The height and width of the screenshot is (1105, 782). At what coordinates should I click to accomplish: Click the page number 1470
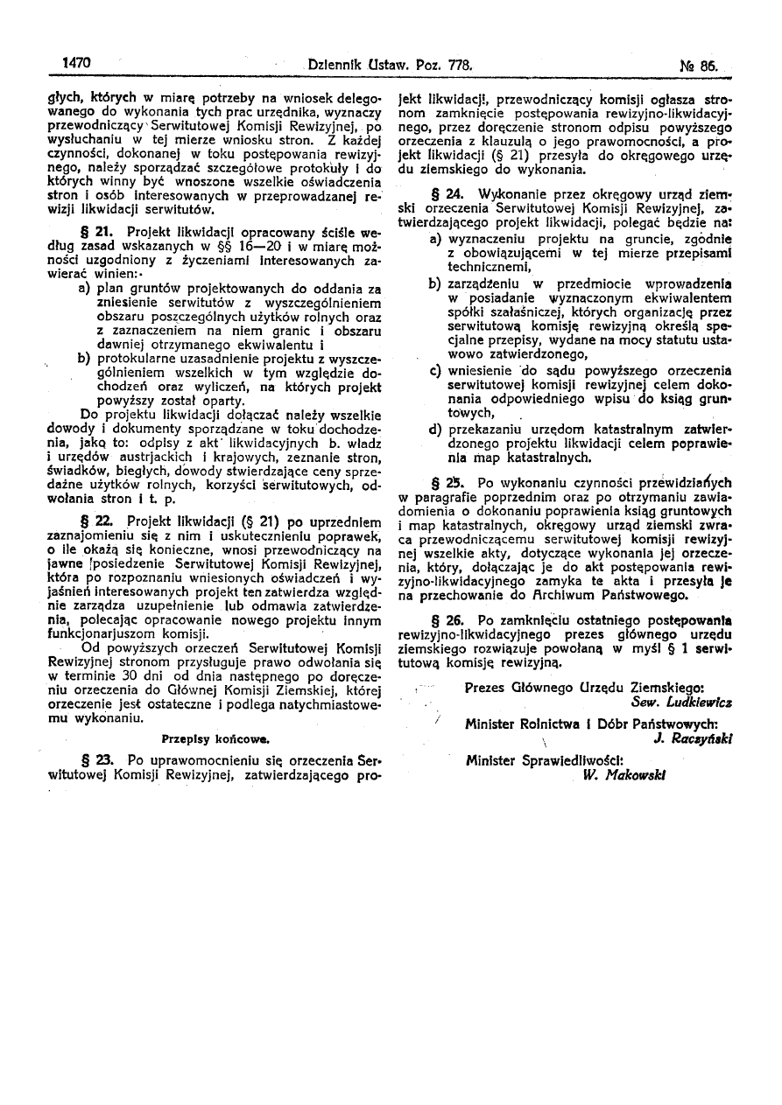click(77, 64)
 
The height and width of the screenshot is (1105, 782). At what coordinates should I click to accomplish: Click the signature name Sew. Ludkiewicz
click(681, 702)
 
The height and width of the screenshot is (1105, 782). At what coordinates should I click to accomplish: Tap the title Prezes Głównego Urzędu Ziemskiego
click(585, 689)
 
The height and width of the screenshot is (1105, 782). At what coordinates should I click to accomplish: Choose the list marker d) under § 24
click(435, 430)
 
